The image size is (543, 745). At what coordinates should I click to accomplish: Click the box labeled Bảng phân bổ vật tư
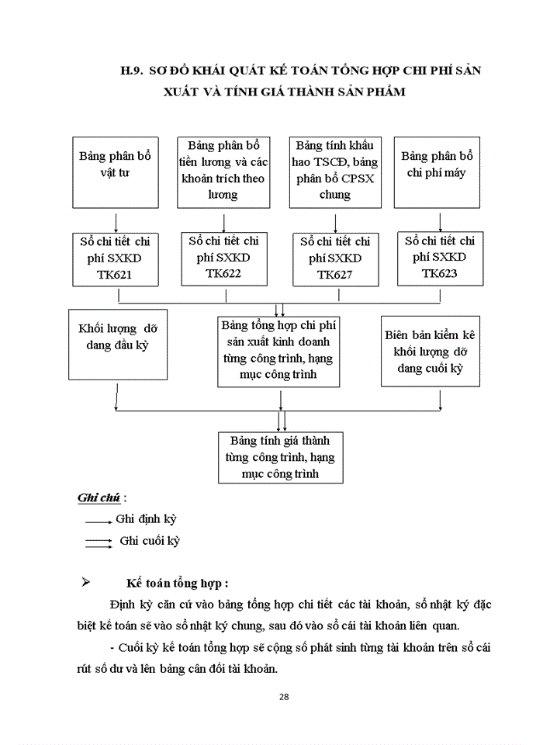coord(115,171)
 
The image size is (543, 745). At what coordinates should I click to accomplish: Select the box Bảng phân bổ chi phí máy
coord(437,171)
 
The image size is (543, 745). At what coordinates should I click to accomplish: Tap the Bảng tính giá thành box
coord(281,458)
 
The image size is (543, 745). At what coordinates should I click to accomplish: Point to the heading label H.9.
coord(133,71)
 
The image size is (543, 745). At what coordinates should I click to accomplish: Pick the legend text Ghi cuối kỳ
coord(149,541)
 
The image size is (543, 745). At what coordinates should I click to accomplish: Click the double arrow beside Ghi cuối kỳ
coord(99,542)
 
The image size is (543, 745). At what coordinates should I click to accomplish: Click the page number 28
coord(284,696)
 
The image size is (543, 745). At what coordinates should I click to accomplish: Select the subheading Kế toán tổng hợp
coord(179,584)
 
